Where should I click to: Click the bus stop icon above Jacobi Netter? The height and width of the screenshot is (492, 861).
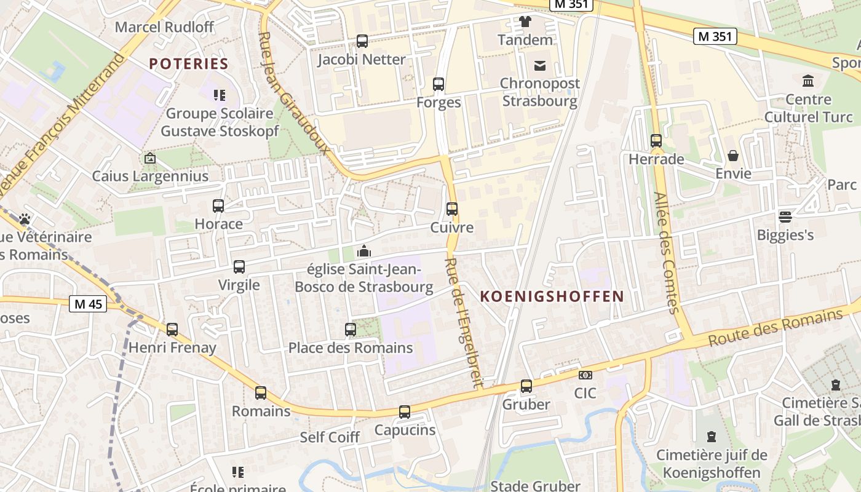click(x=362, y=41)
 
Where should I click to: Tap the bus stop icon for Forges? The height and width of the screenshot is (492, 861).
click(x=438, y=84)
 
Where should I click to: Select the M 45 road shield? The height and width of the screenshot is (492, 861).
click(x=88, y=304)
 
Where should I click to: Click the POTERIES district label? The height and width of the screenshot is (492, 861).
click(x=189, y=63)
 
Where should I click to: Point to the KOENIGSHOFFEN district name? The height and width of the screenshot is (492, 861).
click(x=552, y=296)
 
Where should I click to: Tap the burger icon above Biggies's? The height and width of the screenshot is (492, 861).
click(x=785, y=216)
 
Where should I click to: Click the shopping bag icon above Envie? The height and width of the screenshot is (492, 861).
click(x=733, y=156)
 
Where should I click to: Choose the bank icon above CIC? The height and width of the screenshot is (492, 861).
click(x=585, y=375)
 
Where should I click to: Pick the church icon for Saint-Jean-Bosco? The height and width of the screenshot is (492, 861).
click(x=364, y=251)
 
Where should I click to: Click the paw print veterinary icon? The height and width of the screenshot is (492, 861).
click(x=25, y=219)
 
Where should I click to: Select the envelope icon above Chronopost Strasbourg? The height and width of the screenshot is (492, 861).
click(x=539, y=65)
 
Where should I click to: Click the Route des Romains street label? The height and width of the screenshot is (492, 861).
click(x=775, y=328)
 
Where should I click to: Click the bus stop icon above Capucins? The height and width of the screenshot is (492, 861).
click(x=405, y=412)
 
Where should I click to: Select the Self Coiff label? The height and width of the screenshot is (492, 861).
click(x=330, y=437)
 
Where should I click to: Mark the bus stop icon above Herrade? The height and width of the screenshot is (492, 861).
click(x=656, y=141)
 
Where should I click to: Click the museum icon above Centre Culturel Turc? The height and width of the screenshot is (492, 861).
click(x=807, y=81)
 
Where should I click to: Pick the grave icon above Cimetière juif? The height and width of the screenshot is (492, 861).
click(x=712, y=437)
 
